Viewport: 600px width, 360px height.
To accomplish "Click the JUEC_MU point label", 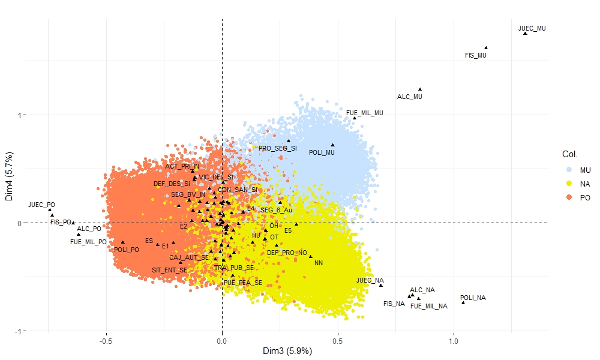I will (x=532, y=28).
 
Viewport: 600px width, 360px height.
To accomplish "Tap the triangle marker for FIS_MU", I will (x=486, y=48).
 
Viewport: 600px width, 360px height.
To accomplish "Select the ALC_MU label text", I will (x=410, y=97).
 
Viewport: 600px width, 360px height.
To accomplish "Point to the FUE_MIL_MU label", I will (x=364, y=113).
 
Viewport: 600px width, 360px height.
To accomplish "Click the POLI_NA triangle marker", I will (x=463, y=302).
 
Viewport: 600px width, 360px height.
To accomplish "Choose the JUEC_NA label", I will (x=370, y=280).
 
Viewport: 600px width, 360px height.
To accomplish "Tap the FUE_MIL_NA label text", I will (x=429, y=306).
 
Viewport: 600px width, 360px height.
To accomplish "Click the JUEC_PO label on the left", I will (x=41, y=205).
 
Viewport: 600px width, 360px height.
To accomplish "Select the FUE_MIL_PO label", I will (x=88, y=242).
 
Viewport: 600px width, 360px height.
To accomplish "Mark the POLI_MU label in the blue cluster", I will (x=322, y=152).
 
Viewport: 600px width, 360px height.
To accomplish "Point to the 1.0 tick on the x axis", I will (x=454, y=341).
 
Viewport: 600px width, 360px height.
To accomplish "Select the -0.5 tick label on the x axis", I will (x=106, y=341).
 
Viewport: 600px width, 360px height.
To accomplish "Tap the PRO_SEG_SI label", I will (x=277, y=148).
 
